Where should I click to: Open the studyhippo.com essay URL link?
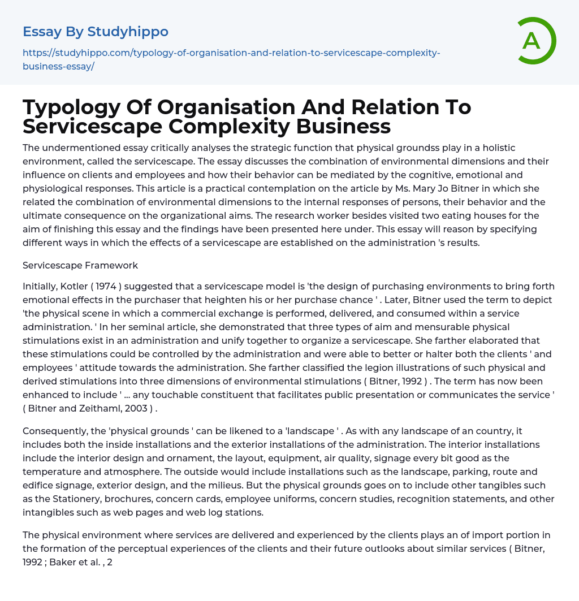click(231, 59)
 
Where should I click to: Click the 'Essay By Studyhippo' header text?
click(96, 31)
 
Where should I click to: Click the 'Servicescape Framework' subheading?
click(80, 265)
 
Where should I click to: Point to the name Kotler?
click(72, 286)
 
